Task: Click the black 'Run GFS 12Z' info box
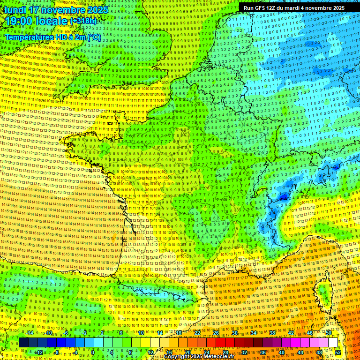click(x=294, y=8)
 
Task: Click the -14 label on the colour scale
click(x=30, y=333)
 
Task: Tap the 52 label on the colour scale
click(x=338, y=352)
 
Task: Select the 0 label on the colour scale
click(x=93, y=352)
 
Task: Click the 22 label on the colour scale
click(x=197, y=333)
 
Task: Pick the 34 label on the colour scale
click(x=254, y=333)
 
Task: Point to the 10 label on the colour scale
click(x=141, y=333)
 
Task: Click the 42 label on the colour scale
click(x=291, y=333)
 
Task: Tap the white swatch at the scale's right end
click(x=333, y=343)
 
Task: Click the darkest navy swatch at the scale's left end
click(x=24, y=343)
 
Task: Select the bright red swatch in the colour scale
click(x=221, y=343)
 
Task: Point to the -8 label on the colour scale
click(x=57, y=352)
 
